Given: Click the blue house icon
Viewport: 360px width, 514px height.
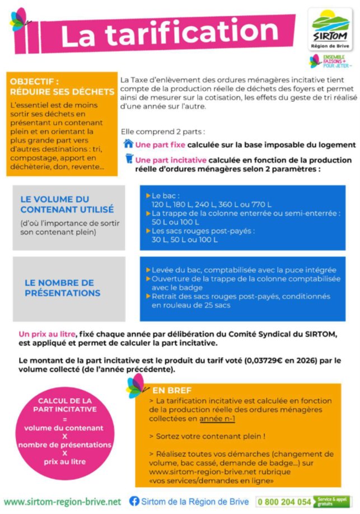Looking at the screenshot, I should [x=128, y=144].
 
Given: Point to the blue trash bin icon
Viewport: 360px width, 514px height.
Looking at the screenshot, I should [x=129, y=159].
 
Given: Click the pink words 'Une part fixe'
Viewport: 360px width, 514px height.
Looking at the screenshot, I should [x=161, y=144].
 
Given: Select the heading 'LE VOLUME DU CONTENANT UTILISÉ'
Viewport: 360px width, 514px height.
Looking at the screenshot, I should [x=67, y=204].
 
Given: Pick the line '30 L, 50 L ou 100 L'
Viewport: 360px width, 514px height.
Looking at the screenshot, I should [x=185, y=240].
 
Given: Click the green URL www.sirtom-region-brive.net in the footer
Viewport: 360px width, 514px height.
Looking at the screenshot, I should [x=63, y=501].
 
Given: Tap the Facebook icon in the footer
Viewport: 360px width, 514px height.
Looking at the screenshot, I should [x=134, y=501].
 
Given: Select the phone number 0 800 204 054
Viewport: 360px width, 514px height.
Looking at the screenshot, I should [x=285, y=502].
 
